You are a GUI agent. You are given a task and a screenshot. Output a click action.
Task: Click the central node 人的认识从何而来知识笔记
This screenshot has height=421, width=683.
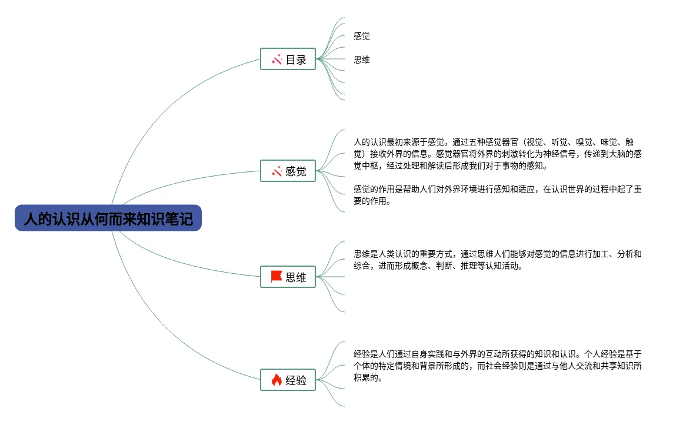pyautogui.click(x=108, y=218)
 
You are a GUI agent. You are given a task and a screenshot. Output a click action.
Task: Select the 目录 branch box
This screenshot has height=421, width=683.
pyautogui.click(x=288, y=59)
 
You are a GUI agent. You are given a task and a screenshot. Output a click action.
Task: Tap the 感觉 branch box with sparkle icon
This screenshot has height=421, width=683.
pyautogui.click(x=288, y=171)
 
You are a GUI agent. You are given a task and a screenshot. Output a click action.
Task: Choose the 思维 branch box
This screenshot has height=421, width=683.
pyautogui.click(x=288, y=277)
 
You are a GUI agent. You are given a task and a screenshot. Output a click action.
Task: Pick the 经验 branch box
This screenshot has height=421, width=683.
pyautogui.click(x=288, y=380)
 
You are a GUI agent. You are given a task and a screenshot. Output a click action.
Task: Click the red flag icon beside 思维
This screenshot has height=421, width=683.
pyautogui.click(x=276, y=276)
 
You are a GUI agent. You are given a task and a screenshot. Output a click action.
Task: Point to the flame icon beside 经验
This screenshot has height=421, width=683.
pyautogui.click(x=276, y=380)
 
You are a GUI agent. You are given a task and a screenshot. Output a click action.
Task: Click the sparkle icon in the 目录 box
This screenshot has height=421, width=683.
pyautogui.click(x=276, y=59)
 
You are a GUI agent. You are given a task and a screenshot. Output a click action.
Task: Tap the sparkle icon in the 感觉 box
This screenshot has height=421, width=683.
pyautogui.click(x=276, y=171)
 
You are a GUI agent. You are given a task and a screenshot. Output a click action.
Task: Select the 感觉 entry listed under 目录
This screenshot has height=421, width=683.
pyautogui.click(x=362, y=37)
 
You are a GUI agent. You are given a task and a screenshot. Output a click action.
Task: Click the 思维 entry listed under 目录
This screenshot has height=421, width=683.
pyautogui.click(x=362, y=59)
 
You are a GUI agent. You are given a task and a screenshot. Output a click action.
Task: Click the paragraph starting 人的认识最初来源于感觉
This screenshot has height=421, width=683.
pyautogui.click(x=497, y=154)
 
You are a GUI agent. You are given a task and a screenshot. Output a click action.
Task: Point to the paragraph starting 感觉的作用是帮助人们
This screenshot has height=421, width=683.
pyautogui.click(x=497, y=195)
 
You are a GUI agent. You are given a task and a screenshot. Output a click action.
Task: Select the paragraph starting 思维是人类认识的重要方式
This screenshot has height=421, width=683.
pyautogui.click(x=497, y=260)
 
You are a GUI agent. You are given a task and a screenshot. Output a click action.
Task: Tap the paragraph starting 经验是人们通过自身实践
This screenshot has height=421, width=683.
pyautogui.click(x=497, y=366)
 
